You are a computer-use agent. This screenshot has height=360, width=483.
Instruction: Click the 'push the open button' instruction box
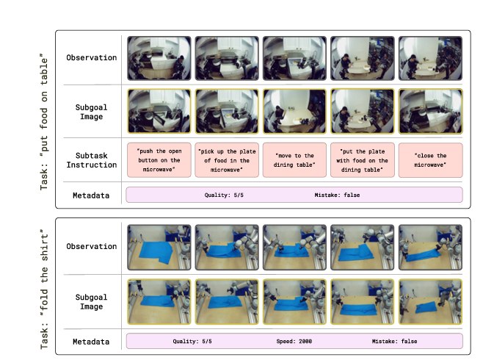pos(159,160)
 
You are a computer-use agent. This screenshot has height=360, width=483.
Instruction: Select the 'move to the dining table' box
pos(294,160)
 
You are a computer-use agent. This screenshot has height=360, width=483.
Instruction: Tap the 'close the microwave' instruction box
pos(430,160)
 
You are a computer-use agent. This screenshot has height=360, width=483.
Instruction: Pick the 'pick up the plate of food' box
pos(227,160)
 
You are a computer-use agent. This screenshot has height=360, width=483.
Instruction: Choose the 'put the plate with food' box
pos(363,160)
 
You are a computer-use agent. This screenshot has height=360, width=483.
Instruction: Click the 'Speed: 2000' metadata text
pos(294,341)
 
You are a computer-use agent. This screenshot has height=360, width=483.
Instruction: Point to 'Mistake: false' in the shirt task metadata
pos(395,341)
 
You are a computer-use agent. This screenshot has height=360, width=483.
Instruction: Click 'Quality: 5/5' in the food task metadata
pos(224,195)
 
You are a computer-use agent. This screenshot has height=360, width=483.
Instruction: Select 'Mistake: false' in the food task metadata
pos(337,195)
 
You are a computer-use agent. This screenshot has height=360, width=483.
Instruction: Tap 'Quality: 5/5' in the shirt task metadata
pos(192,341)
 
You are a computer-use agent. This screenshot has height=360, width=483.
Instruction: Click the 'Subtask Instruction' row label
pos(92,160)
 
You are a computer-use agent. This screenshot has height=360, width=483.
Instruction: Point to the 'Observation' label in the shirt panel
pos(92,246)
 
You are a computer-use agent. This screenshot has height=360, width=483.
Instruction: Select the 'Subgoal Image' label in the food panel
pos(92,112)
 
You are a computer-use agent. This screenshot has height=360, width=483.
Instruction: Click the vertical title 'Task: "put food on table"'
pos(44,121)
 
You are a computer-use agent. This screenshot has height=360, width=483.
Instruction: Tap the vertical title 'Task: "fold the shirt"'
pos(44,289)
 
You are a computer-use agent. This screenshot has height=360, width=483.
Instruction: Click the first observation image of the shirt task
pos(159,247)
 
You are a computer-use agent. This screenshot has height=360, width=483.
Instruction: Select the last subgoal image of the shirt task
pos(430,302)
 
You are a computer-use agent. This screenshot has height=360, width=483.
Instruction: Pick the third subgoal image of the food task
pos(294,111)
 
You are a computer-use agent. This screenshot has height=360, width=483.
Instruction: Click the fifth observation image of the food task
pos(430,58)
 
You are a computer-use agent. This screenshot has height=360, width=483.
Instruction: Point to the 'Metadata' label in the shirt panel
pos(91,342)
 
